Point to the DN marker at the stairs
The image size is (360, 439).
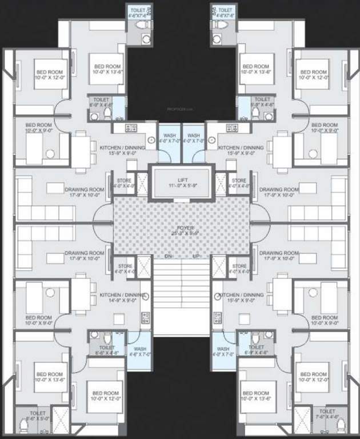pos(169,257)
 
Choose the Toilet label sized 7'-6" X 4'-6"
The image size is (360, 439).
pos(327,412)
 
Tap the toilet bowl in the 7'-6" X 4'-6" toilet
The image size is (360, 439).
pos(341,424)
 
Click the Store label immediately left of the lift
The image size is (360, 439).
pos(125,180)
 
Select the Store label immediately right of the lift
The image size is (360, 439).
pos(239,180)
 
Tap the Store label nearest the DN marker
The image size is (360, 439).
pos(125,266)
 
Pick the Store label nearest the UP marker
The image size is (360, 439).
pos(239,266)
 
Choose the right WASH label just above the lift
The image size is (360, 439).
pos(194,135)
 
